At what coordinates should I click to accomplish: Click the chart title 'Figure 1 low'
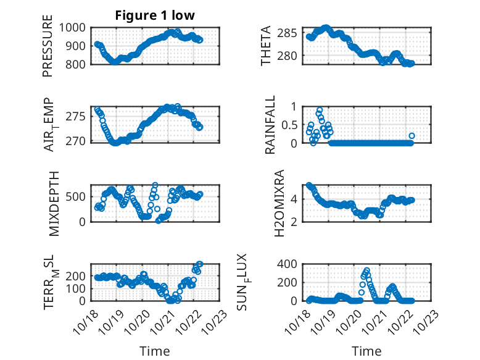click(155, 15)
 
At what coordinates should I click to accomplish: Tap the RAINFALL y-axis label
click(270, 124)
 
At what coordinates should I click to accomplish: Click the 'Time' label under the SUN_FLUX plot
click(366, 351)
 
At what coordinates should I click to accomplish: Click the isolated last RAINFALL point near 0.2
click(412, 136)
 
